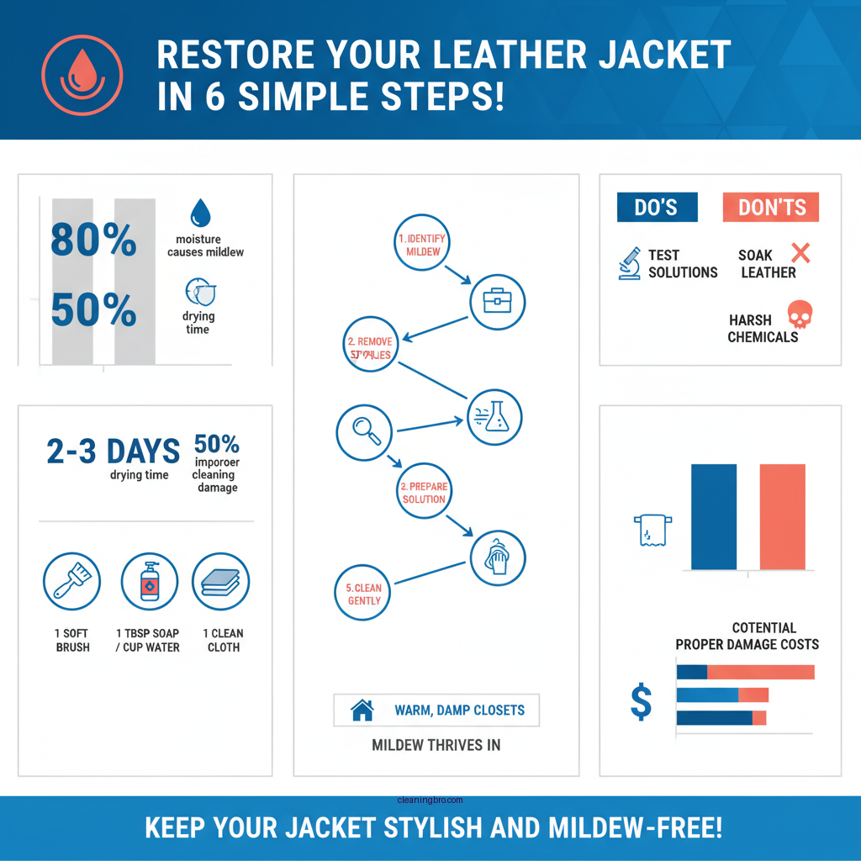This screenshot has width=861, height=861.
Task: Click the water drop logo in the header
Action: tap(82, 74)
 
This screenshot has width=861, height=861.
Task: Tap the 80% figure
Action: tap(93, 240)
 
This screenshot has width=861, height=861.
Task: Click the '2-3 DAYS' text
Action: tap(114, 451)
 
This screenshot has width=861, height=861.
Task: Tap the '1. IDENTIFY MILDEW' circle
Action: tap(422, 246)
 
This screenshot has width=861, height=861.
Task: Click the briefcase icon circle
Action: tap(497, 302)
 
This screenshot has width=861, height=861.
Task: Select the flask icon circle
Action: tap(494, 416)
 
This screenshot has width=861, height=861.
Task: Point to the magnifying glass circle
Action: tap(364, 431)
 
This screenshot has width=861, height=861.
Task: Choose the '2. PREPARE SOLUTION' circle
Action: tap(424, 493)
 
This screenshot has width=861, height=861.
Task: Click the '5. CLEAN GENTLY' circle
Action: tap(363, 594)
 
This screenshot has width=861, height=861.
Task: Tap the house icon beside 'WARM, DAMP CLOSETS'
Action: tap(362, 710)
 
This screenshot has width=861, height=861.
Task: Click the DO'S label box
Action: tap(657, 208)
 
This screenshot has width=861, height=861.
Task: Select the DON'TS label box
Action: tap(771, 208)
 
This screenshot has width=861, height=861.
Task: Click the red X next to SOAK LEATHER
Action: tap(800, 252)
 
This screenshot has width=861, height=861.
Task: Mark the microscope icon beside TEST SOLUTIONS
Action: tap(629, 264)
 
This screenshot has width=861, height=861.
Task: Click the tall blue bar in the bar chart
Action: tap(713, 516)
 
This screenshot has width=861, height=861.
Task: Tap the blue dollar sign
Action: tap(641, 703)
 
